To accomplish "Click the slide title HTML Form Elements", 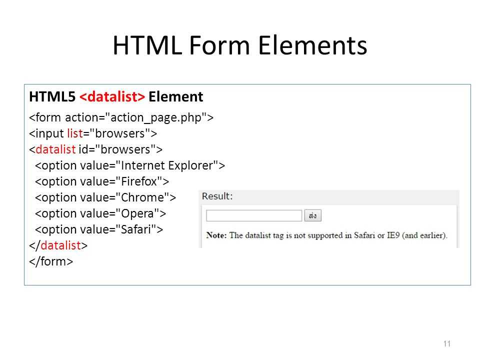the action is pyautogui.click(x=239, y=45).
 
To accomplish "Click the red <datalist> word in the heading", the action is pyautogui.click(x=112, y=96).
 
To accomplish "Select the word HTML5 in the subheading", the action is pyautogui.click(x=52, y=96).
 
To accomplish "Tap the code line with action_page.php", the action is pyautogui.click(x=121, y=118).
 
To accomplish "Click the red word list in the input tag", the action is pyautogui.click(x=75, y=133).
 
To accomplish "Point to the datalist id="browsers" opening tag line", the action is pyautogui.click(x=96, y=149).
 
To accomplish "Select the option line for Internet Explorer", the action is pyautogui.click(x=130, y=165).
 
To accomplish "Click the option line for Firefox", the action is pyautogui.click(x=102, y=181).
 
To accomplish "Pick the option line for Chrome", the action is pyautogui.click(x=105, y=197).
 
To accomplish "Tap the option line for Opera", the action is pyautogui.click(x=100, y=213).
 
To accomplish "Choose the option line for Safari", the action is pyautogui.click(x=99, y=229).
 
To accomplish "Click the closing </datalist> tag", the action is pyautogui.click(x=58, y=245).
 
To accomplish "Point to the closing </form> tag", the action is pyautogui.click(x=51, y=261).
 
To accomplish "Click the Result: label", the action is pyautogui.click(x=217, y=196).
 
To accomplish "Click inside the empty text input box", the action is pyautogui.click(x=254, y=215).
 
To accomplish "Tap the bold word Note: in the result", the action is pyautogui.click(x=216, y=235).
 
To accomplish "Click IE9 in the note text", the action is pyautogui.click(x=393, y=235).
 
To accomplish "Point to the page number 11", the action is pyautogui.click(x=447, y=344).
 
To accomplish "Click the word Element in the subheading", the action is pyautogui.click(x=175, y=96).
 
